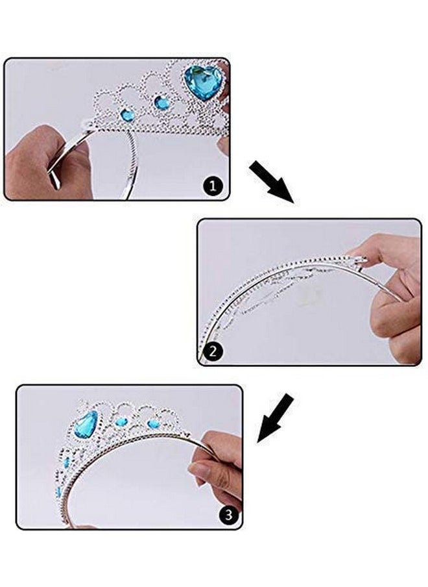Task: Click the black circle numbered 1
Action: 214,188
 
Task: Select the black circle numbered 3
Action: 228,516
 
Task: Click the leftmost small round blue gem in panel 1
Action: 128,115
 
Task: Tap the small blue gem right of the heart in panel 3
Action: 121,422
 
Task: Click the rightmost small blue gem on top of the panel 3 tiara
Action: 153,424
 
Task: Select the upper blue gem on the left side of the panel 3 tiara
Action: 66,462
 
